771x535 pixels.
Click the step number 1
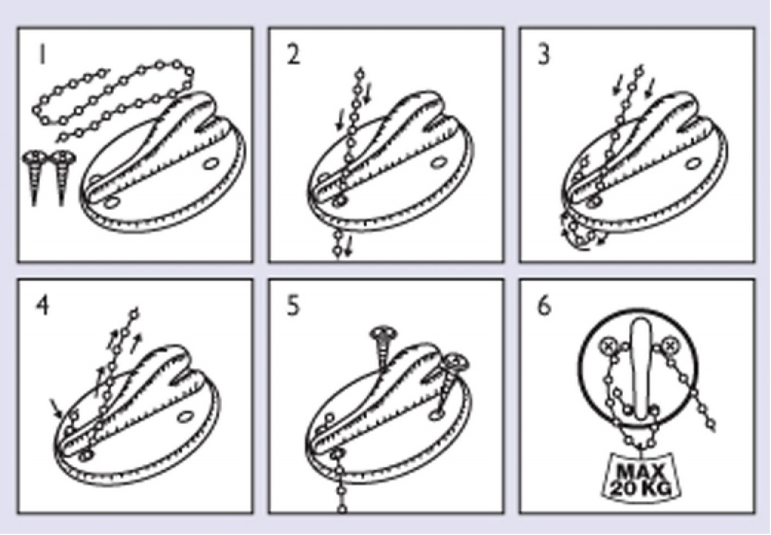click(42, 54)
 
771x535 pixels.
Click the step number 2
click(293, 54)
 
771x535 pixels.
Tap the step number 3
click(544, 54)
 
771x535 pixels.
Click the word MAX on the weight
click(640, 472)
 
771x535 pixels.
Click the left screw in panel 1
click(35, 178)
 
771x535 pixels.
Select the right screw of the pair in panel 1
click(62, 178)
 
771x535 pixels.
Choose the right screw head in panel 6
click(669, 346)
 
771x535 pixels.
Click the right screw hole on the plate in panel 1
click(211, 163)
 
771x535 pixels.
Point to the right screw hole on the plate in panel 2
click(439, 162)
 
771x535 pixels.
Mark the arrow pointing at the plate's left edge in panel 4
click(56, 408)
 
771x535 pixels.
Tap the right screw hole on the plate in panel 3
click(694, 163)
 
